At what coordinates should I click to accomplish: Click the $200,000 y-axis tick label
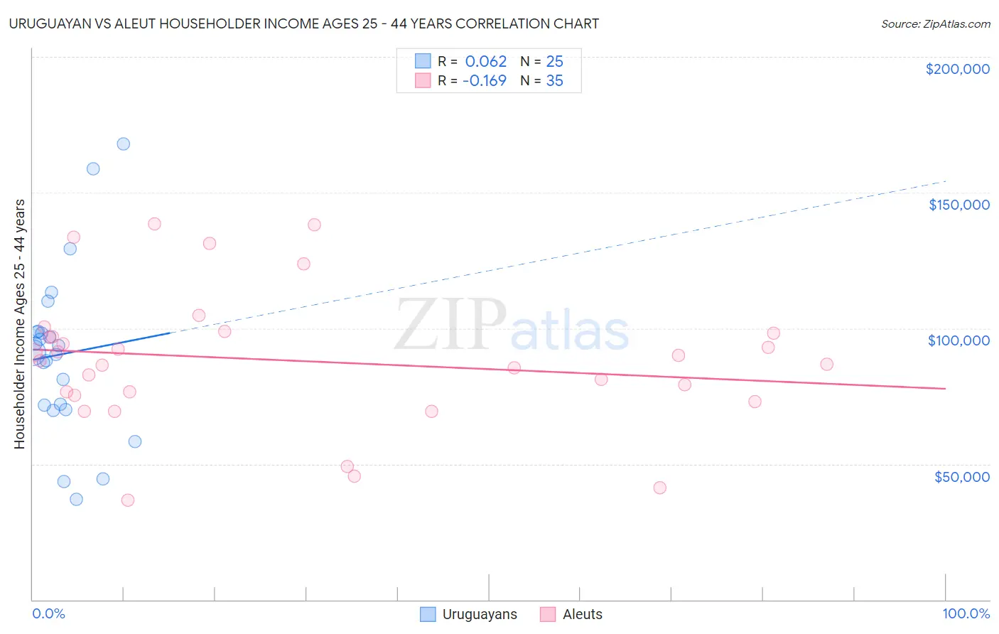point(957,69)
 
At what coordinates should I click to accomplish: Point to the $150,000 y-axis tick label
point(958,205)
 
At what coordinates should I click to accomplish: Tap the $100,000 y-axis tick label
point(958,340)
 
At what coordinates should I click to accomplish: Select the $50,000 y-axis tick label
point(961,477)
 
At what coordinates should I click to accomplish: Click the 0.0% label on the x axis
point(48,614)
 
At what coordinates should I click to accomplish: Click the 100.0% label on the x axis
point(966,614)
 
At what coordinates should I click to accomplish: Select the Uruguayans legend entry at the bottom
point(480,615)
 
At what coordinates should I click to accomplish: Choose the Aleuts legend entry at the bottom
point(582,615)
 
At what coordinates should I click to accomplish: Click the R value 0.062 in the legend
point(486,62)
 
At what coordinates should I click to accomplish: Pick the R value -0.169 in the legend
point(485,81)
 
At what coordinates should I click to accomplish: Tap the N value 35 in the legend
point(554,81)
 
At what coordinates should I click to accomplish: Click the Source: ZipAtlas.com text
point(935,24)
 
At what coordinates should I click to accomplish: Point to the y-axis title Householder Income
point(20,323)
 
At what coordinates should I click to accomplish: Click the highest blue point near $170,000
point(123,144)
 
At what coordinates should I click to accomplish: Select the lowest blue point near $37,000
point(76,499)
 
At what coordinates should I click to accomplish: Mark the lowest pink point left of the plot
point(128,500)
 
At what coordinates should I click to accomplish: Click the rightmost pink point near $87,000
point(826,364)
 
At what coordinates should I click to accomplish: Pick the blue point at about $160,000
point(93,168)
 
